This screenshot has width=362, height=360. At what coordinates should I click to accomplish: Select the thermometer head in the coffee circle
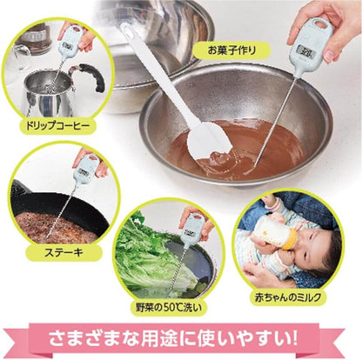pyautogui.click(x=69, y=36)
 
